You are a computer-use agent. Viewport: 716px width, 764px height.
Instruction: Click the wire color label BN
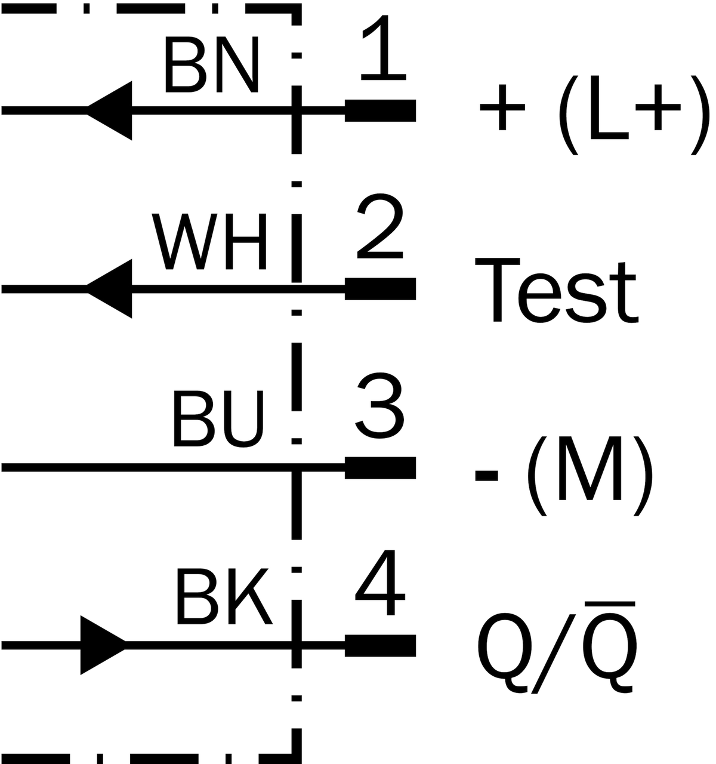(x=211, y=64)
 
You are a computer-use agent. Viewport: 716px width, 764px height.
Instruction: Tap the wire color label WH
(x=209, y=242)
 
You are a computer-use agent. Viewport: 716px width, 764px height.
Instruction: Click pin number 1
(x=383, y=48)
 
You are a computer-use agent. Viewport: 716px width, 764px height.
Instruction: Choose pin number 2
(x=380, y=226)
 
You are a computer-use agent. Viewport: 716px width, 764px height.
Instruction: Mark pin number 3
(x=379, y=405)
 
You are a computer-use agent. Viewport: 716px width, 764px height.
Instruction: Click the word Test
(x=556, y=291)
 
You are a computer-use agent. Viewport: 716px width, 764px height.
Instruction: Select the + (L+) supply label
(x=594, y=115)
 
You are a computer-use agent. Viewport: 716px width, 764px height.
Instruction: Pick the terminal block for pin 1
(x=380, y=111)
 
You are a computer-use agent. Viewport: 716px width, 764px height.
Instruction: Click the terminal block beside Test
(x=380, y=289)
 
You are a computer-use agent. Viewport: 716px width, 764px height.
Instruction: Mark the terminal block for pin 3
(x=380, y=468)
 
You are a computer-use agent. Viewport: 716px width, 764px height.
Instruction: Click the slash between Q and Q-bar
(x=553, y=654)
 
